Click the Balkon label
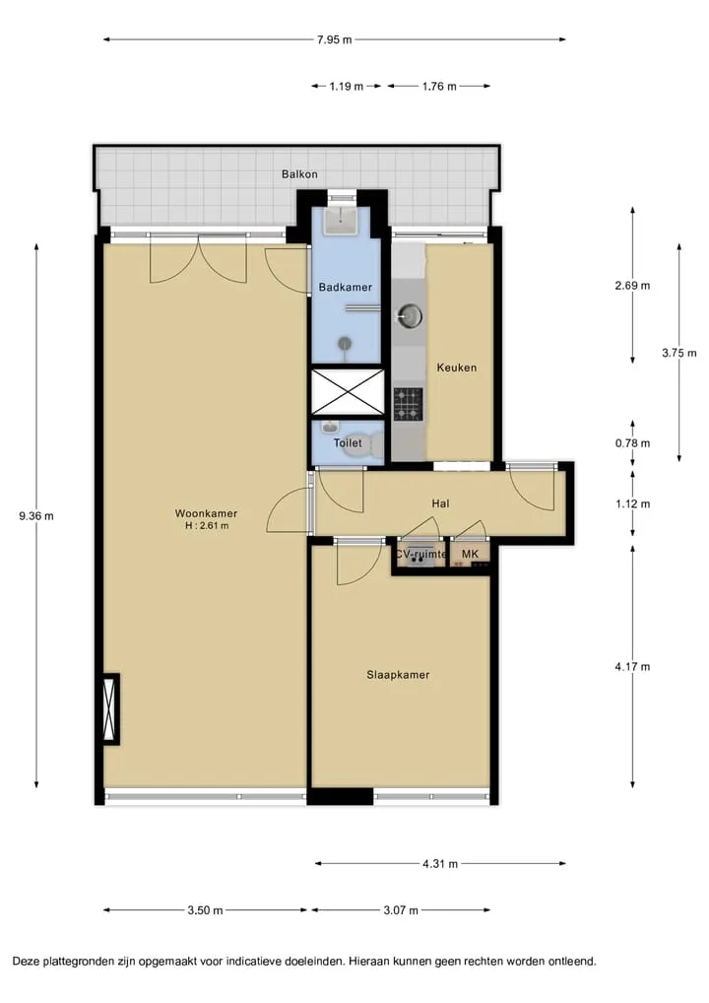click(x=299, y=174)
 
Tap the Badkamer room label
click(x=346, y=288)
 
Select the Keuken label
click(x=457, y=368)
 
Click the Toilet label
click(x=348, y=442)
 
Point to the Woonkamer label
click(x=206, y=513)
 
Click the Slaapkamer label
click(x=398, y=674)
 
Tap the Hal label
click(x=440, y=503)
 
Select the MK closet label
click(x=470, y=554)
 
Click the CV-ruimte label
click(x=420, y=554)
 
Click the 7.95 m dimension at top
click(x=335, y=39)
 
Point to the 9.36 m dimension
click(x=36, y=515)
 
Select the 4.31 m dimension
click(x=440, y=863)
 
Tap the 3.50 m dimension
click(x=205, y=909)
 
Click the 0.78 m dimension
click(x=633, y=442)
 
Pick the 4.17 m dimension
click(x=633, y=667)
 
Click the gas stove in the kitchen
click(x=408, y=404)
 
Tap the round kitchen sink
click(x=410, y=314)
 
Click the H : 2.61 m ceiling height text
click(x=207, y=526)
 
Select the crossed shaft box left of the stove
click(x=348, y=391)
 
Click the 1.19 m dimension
click(x=347, y=86)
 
